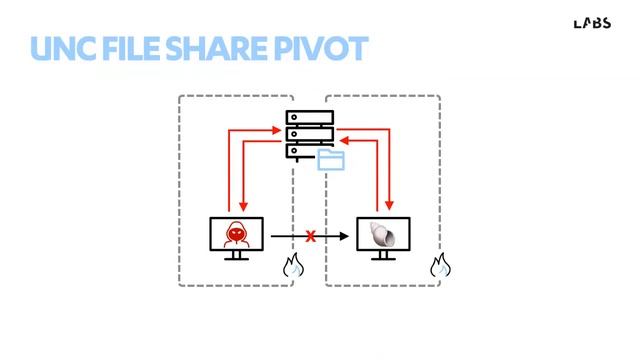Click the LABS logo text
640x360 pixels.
click(x=592, y=23)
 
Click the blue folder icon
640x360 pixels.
click(x=330, y=160)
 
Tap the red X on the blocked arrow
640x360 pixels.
click(x=310, y=236)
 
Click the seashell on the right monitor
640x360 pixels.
click(x=383, y=235)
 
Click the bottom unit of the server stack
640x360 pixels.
click(x=305, y=150)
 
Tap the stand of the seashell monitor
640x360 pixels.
click(x=383, y=255)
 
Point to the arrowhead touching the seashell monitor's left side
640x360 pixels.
click(x=349, y=236)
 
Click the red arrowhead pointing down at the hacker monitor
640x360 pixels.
click(x=244, y=210)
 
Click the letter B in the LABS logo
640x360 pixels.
click(x=597, y=23)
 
